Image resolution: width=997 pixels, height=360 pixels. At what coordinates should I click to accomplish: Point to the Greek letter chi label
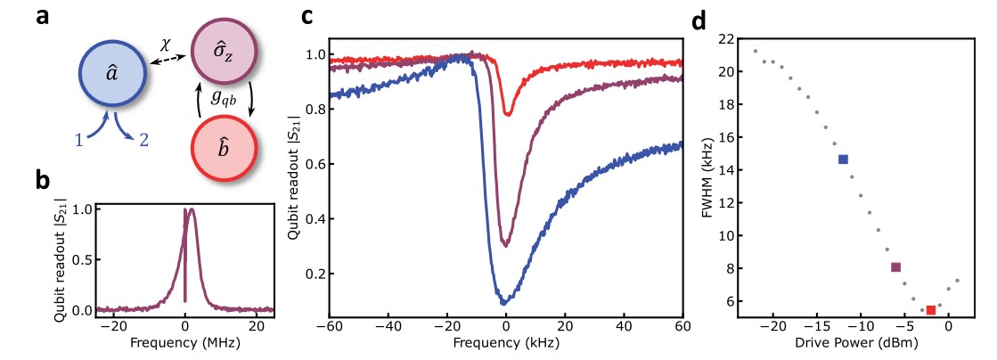tap(165, 43)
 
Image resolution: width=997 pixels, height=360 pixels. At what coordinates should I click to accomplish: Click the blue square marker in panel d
tap(843, 160)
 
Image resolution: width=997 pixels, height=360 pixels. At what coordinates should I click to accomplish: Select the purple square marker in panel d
tap(895, 267)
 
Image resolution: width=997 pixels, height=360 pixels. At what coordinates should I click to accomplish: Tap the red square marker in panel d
tap(930, 310)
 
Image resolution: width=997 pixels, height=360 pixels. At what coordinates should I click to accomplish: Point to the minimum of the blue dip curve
tap(503, 303)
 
